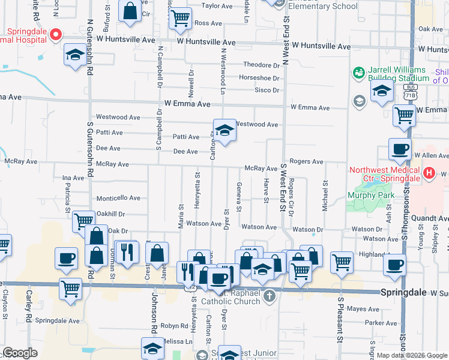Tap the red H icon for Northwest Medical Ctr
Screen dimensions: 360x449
click(x=429, y=173)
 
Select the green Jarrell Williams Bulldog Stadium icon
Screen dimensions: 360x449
click(x=359, y=73)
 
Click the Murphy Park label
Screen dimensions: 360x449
click(x=369, y=195)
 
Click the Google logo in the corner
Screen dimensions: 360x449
click(x=20, y=352)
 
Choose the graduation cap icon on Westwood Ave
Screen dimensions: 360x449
click(x=224, y=131)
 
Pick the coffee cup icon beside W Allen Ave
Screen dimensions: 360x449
click(x=400, y=150)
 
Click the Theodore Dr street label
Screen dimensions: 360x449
click(x=261, y=65)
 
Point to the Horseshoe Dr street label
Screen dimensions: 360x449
click(x=259, y=78)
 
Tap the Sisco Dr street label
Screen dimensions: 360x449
click(x=267, y=91)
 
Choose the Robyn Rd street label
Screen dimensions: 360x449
click(x=174, y=326)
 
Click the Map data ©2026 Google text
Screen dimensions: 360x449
click(x=412, y=355)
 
